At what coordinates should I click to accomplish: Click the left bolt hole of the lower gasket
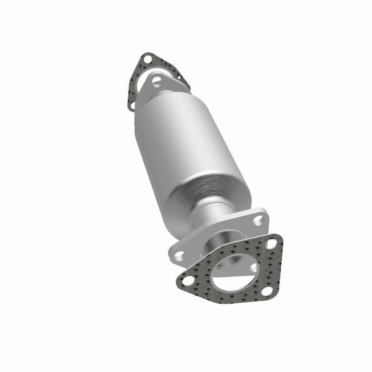[x=187, y=281]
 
